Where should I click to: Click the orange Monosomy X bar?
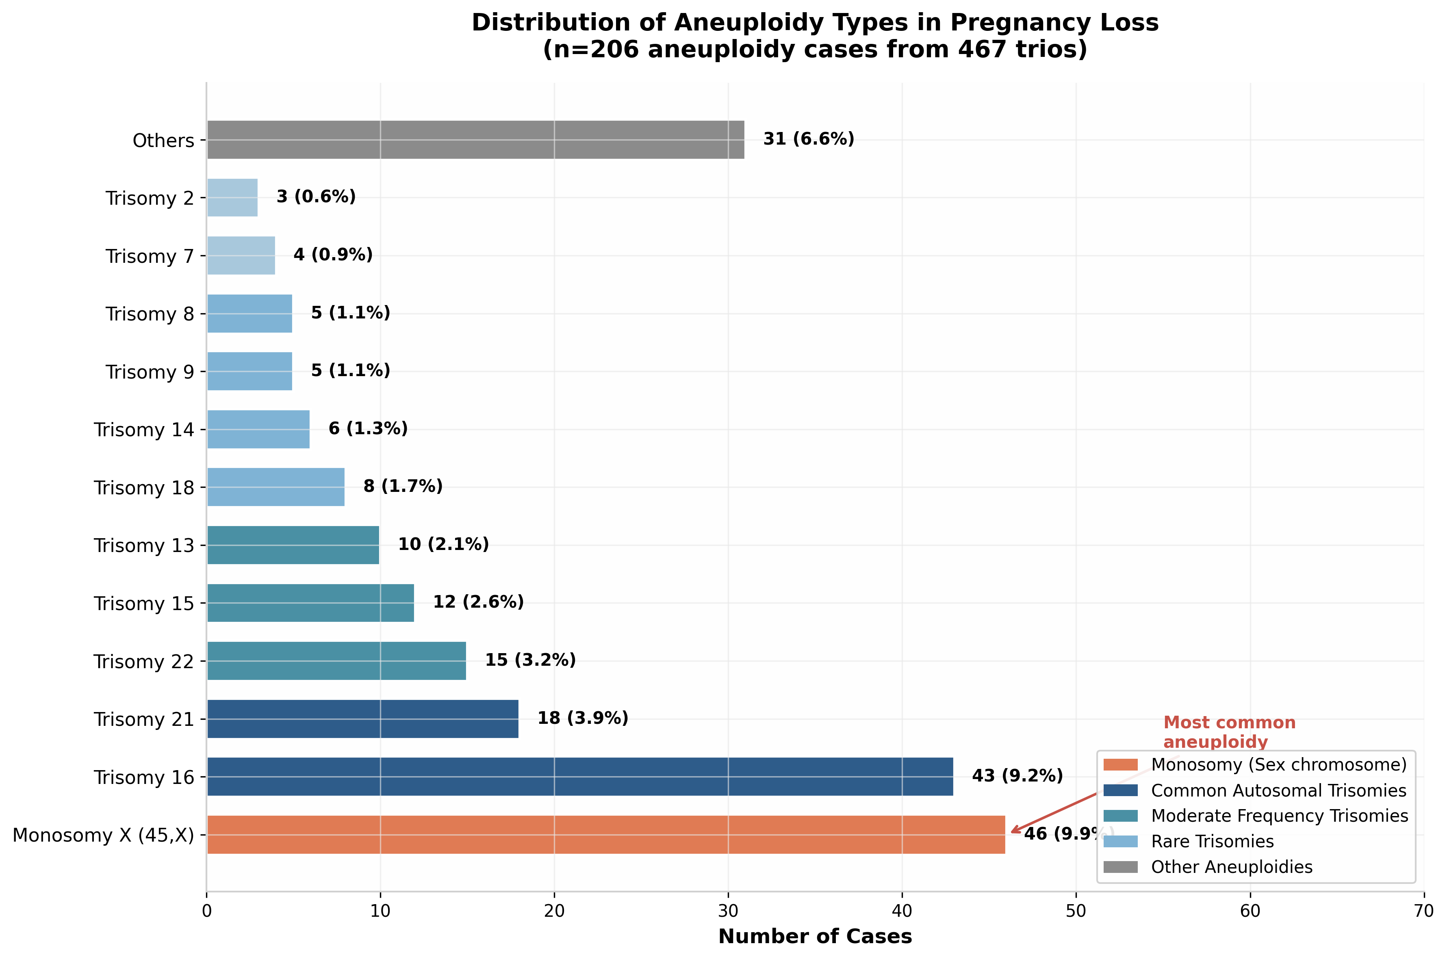[606, 834]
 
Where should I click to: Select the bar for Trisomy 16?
[579, 777]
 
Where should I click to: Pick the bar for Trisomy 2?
[232, 197]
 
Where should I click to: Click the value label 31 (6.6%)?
[808, 139]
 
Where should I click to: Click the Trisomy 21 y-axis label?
[144, 719]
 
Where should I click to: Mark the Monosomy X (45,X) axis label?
[103, 835]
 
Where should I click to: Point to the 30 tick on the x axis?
[728, 911]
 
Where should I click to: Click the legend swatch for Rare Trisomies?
[1120, 842]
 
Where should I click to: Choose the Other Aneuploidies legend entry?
[1232, 867]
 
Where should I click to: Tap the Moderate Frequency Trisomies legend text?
[1279, 816]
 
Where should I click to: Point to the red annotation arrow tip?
[1011, 832]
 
